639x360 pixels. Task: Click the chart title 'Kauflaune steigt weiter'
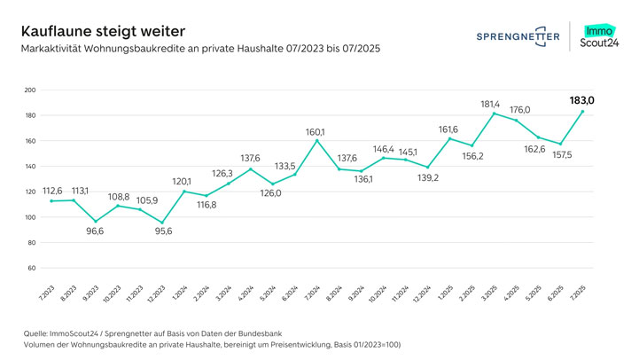(96, 30)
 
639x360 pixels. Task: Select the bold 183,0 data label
(582, 101)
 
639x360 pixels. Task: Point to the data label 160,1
(316, 132)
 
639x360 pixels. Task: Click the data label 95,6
(162, 232)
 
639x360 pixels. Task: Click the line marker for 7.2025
(582, 112)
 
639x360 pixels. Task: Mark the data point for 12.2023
(162, 222)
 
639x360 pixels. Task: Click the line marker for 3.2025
(494, 113)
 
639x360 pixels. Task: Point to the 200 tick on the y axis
(29, 90)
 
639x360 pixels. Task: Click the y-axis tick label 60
(31, 268)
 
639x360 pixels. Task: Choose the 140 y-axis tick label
(29, 167)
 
